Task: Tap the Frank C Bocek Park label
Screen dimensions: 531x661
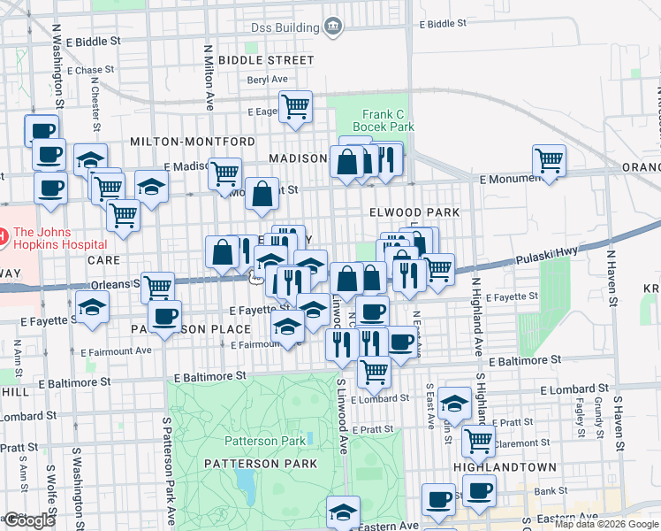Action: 383,120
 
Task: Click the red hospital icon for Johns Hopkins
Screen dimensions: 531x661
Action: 3,236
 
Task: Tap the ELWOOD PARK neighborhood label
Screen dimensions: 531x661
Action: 415,212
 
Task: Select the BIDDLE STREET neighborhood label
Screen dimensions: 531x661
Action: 266,60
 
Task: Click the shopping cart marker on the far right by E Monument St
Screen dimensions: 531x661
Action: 550,160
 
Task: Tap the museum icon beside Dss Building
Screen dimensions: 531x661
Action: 332,26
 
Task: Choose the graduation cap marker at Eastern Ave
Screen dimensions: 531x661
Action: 343,511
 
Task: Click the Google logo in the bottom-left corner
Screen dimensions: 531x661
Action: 29,520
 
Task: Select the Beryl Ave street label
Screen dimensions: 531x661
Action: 268,79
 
